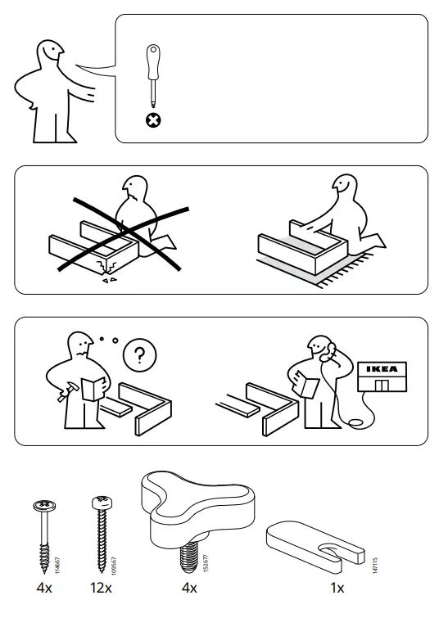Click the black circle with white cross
[152, 120]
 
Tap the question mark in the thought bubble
[140, 356]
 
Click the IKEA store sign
[381, 369]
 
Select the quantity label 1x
[337, 587]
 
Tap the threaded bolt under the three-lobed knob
[188, 557]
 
